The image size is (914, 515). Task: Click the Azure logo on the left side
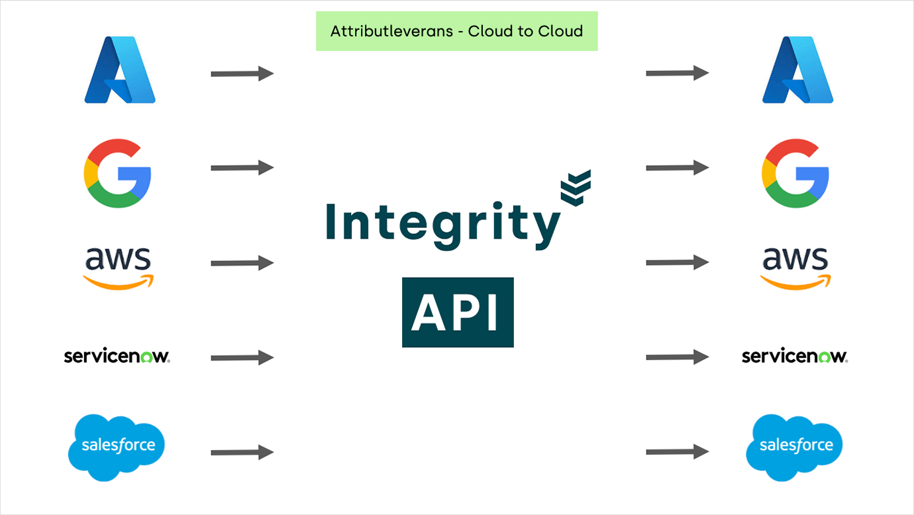coord(120,71)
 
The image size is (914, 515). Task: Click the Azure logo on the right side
coord(797,71)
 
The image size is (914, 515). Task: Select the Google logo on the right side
coord(795,174)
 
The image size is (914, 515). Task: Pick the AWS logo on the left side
coord(118,267)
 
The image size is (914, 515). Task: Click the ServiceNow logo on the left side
coord(117,357)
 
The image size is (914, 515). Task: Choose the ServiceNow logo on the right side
coord(795,357)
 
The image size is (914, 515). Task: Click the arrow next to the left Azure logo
coord(242,74)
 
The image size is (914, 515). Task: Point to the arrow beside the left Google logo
coord(242,168)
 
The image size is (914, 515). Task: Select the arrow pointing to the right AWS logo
coord(677,262)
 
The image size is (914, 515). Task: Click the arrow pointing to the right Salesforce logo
coord(677,452)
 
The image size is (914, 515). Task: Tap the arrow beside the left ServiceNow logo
coord(242,358)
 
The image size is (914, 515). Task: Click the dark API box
coord(458,312)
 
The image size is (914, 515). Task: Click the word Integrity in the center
coord(442,225)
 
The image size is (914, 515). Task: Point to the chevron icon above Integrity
coord(575,187)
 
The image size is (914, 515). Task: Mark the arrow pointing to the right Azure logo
coord(677,73)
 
